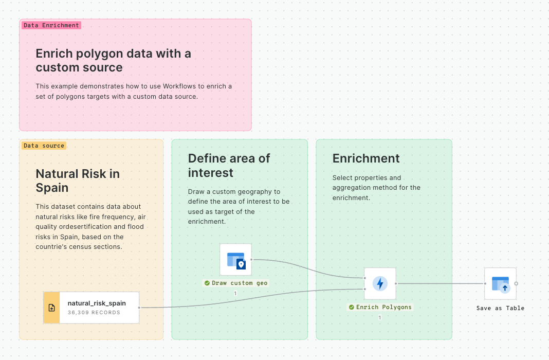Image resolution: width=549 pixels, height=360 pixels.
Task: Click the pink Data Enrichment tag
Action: click(x=51, y=25)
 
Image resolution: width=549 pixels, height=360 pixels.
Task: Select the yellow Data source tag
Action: click(x=44, y=146)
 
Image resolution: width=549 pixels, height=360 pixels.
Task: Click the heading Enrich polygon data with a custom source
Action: click(x=114, y=60)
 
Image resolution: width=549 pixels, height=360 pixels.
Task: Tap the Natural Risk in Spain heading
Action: click(x=78, y=181)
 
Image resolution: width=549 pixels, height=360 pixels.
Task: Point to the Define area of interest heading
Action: click(x=229, y=165)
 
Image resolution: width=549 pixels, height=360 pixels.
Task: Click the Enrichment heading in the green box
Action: click(x=366, y=158)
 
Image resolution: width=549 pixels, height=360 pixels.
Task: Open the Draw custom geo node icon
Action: click(x=235, y=260)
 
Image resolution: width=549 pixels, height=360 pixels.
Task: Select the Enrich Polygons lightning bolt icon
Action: click(x=380, y=284)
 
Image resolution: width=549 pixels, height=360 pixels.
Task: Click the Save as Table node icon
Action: click(x=500, y=284)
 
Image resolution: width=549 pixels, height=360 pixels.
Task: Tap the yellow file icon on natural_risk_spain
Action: click(x=52, y=308)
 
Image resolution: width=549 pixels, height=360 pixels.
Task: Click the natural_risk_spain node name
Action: click(x=97, y=303)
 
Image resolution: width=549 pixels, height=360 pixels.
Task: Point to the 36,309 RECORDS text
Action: click(x=94, y=312)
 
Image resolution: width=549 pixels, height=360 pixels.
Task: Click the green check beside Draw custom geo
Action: click(x=207, y=283)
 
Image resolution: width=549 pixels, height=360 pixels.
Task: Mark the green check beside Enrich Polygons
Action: click(x=351, y=307)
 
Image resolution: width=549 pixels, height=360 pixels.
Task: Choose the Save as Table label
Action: click(x=500, y=308)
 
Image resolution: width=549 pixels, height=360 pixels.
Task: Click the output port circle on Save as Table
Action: click(x=516, y=284)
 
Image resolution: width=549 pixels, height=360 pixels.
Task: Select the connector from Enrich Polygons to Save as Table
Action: click(x=441, y=284)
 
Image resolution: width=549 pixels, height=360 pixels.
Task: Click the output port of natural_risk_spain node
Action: click(x=139, y=308)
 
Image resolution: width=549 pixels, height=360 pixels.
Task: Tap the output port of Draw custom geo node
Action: click(x=251, y=260)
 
